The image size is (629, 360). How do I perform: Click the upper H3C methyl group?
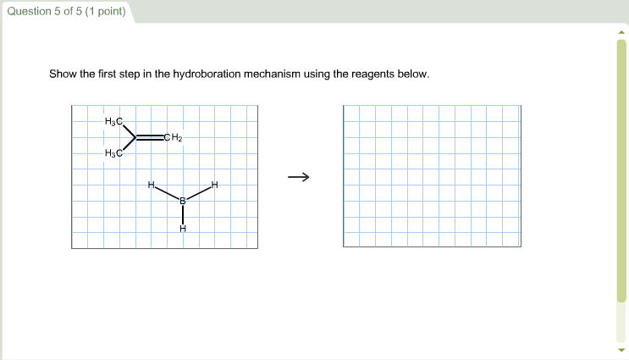point(114,122)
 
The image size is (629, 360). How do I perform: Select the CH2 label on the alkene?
point(174,137)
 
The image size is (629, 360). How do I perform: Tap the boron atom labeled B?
point(182,201)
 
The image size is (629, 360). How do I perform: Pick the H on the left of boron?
point(151,184)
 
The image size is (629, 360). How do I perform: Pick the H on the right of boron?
point(215,185)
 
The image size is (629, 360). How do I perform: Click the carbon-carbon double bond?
point(150,137)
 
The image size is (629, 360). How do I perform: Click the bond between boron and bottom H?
point(182,214)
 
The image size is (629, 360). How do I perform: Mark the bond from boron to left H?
point(166,192)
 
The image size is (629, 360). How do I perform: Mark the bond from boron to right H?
point(199,192)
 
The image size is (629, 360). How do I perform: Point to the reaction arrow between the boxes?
point(298,177)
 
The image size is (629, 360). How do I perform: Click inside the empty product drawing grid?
point(432,176)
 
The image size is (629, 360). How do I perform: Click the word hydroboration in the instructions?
point(207,75)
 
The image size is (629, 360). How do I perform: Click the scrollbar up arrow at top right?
point(622,33)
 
